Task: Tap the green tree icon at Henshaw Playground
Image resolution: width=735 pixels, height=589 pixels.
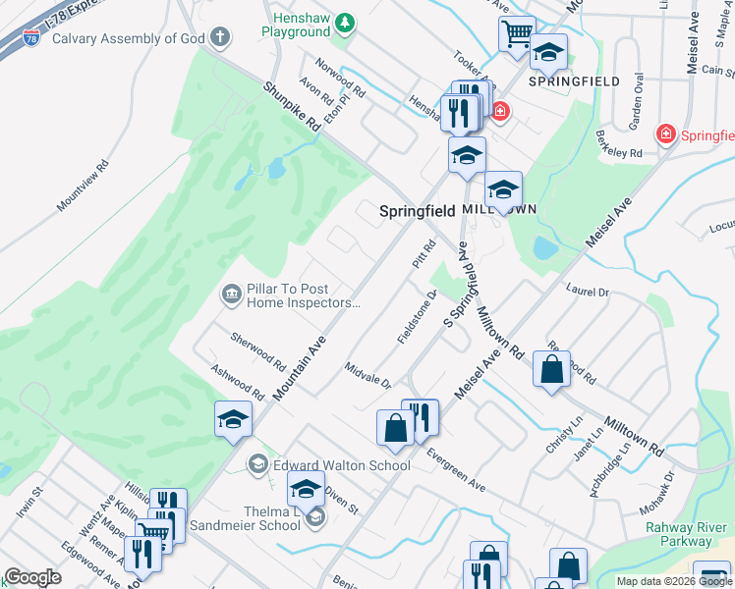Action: tap(344, 22)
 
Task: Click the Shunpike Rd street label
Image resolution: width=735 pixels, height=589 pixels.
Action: tap(293, 106)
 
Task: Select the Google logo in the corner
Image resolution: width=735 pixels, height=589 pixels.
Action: tap(32, 577)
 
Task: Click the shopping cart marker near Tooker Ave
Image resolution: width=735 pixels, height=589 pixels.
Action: tap(516, 34)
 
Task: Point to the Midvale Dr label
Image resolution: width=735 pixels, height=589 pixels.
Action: tap(368, 374)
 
